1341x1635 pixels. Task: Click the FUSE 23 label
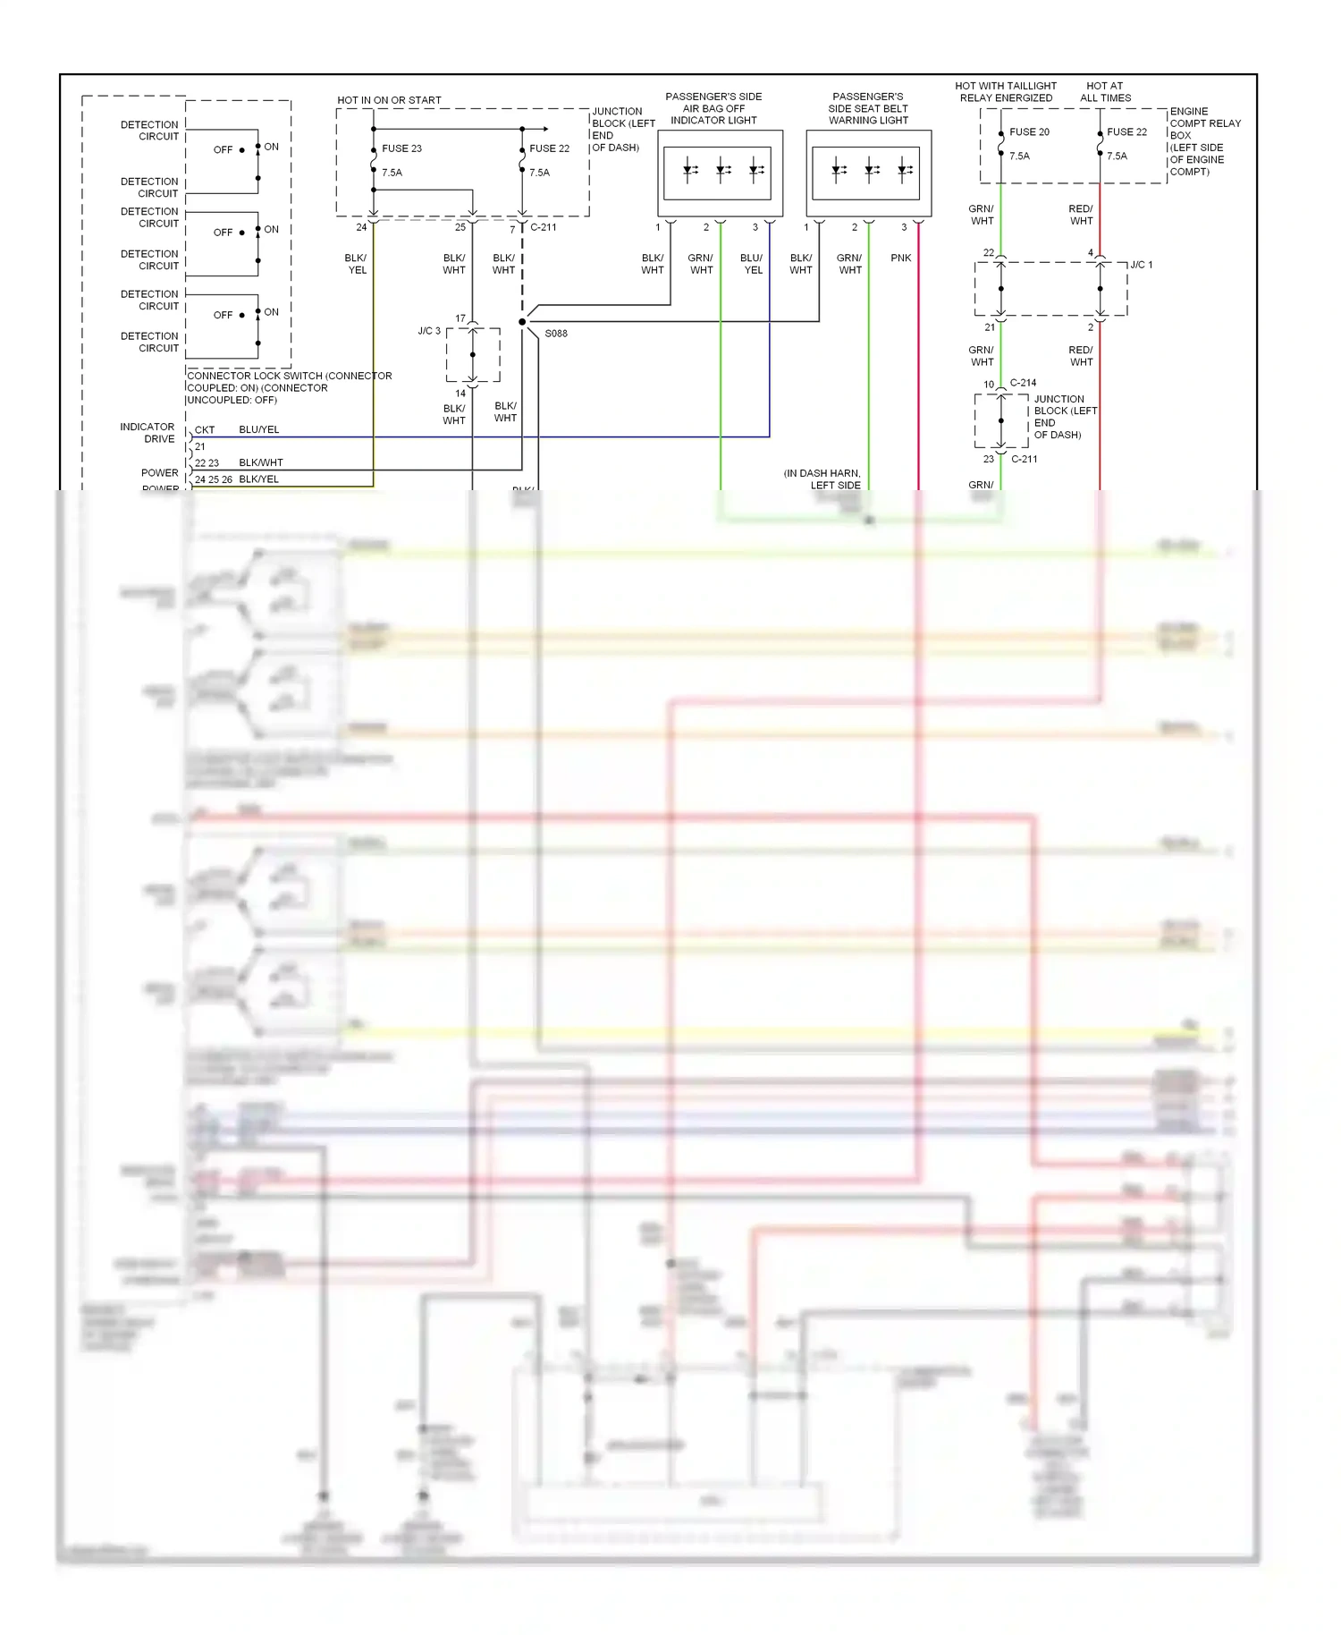tap(401, 148)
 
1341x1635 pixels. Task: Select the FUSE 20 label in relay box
tap(1029, 132)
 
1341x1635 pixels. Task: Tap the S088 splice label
tap(555, 334)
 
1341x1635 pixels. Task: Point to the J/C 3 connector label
tap(429, 331)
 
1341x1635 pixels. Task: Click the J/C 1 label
tap(1141, 265)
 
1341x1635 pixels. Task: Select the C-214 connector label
tap(1023, 383)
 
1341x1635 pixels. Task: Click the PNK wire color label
tap(900, 258)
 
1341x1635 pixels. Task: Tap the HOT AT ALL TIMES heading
tap(1105, 92)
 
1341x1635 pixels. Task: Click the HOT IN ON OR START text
tap(389, 100)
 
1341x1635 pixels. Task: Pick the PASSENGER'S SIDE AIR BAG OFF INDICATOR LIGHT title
tap(713, 108)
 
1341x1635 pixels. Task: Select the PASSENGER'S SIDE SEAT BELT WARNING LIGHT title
tap(867, 108)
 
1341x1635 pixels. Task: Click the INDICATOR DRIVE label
tap(148, 433)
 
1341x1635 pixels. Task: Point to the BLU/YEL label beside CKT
tap(259, 430)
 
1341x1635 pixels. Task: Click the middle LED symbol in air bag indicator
tap(722, 170)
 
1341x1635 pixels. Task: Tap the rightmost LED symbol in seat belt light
tap(905, 170)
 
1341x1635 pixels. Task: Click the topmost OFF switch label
tap(223, 150)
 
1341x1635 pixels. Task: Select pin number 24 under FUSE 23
tap(361, 227)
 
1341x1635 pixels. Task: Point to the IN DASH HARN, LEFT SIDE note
tap(822, 479)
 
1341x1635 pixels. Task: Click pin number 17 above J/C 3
tap(460, 318)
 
